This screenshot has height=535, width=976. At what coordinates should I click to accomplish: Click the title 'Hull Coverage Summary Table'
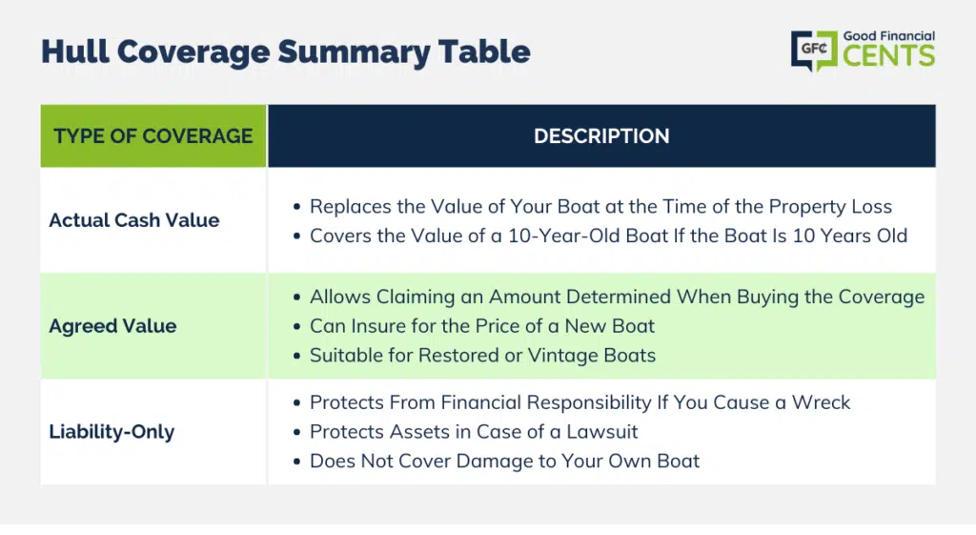pos(286,51)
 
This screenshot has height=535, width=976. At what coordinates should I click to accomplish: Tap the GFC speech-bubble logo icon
pos(814,50)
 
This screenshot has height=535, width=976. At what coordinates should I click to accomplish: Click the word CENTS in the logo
pos(889,56)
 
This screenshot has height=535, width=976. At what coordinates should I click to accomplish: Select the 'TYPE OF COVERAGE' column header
pos(153,135)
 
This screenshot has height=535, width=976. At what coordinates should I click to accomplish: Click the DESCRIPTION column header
pos(601,135)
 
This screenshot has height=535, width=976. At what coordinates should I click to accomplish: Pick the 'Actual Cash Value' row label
pos(134,220)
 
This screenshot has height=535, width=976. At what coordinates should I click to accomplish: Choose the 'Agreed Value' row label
pos(112,326)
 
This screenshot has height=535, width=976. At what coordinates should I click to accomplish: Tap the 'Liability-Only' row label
pos(112,432)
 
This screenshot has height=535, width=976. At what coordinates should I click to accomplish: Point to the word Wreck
pos(821,402)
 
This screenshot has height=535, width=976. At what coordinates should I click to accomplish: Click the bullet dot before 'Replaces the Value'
pos(297,207)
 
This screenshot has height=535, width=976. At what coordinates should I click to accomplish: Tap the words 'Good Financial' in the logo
pos(889,36)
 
